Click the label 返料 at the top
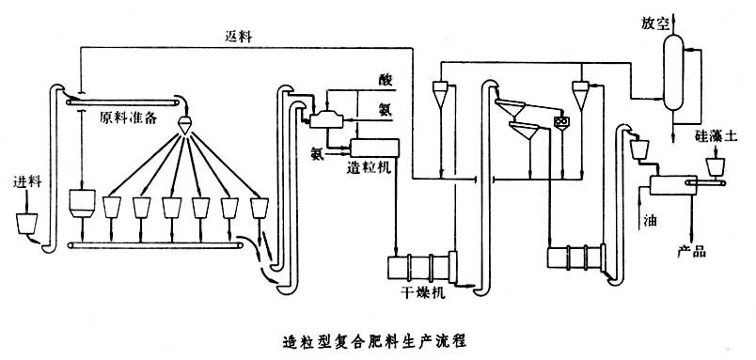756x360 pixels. (x=238, y=37)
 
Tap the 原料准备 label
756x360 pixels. (x=128, y=117)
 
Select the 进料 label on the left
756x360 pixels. (x=28, y=182)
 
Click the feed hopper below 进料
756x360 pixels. (x=26, y=224)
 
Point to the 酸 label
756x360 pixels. (x=385, y=81)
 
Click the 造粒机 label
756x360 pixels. (x=368, y=167)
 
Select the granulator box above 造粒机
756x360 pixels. (x=374, y=148)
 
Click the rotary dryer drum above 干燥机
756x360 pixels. (x=422, y=267)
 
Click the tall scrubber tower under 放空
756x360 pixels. (x=673, y=72)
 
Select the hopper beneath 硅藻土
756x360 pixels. (x=716, y=167)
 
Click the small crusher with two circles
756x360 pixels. (x=561, y=122)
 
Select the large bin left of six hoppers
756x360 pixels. (x=81, y=202)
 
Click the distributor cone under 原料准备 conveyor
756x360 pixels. (x=186, y=125)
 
